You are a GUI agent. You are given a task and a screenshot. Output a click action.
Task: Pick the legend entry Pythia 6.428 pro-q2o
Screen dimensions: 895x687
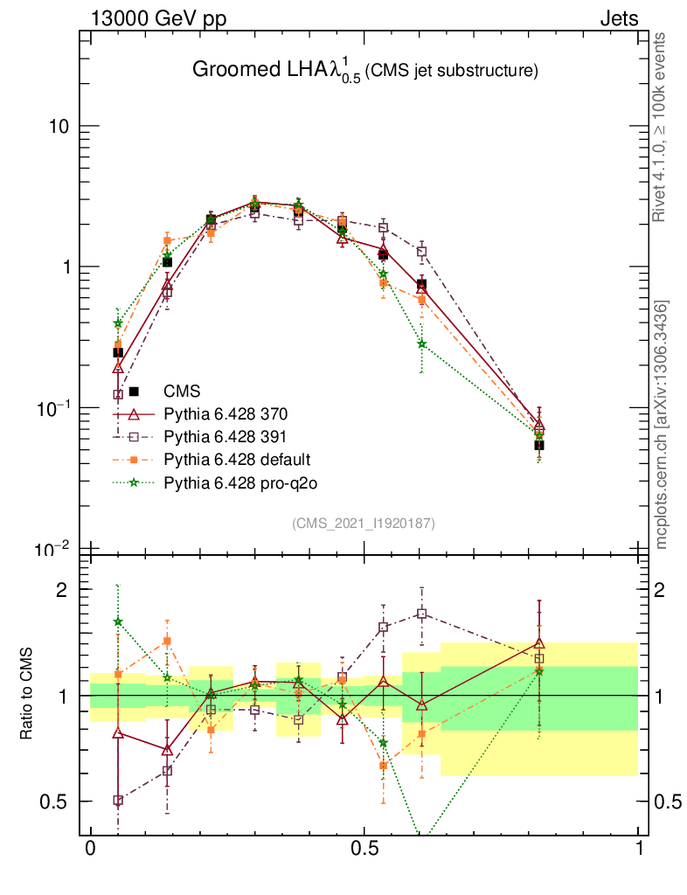point(232,482)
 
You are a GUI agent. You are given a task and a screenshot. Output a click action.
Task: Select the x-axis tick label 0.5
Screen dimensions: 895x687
point(364,849)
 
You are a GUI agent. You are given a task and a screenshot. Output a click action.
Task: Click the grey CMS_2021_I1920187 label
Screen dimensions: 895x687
point(364,523)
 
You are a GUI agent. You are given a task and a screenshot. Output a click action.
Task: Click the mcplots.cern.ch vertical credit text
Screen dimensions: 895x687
point(662,425)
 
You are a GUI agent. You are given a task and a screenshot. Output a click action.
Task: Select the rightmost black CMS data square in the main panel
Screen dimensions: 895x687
point(539,445)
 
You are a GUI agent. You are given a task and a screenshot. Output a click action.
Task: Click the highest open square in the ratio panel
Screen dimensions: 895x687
point(422,614)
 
